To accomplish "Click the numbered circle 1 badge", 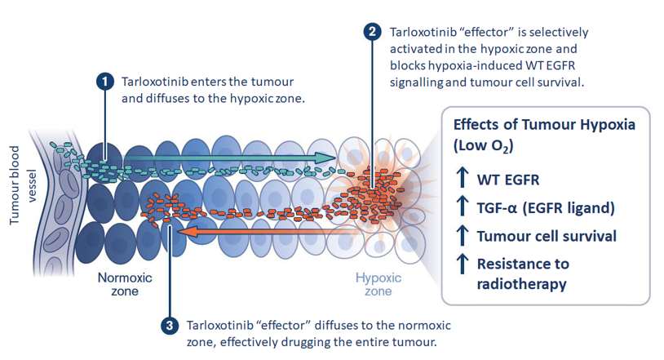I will [x=104, y=82].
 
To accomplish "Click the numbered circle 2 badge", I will [x=372, y=33].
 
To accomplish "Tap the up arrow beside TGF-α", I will [x=463, y=207].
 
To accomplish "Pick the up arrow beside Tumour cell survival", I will [x=463, y=236].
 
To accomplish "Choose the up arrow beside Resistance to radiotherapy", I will [x=463, y=264].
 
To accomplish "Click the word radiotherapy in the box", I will [x=522, y=285].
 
